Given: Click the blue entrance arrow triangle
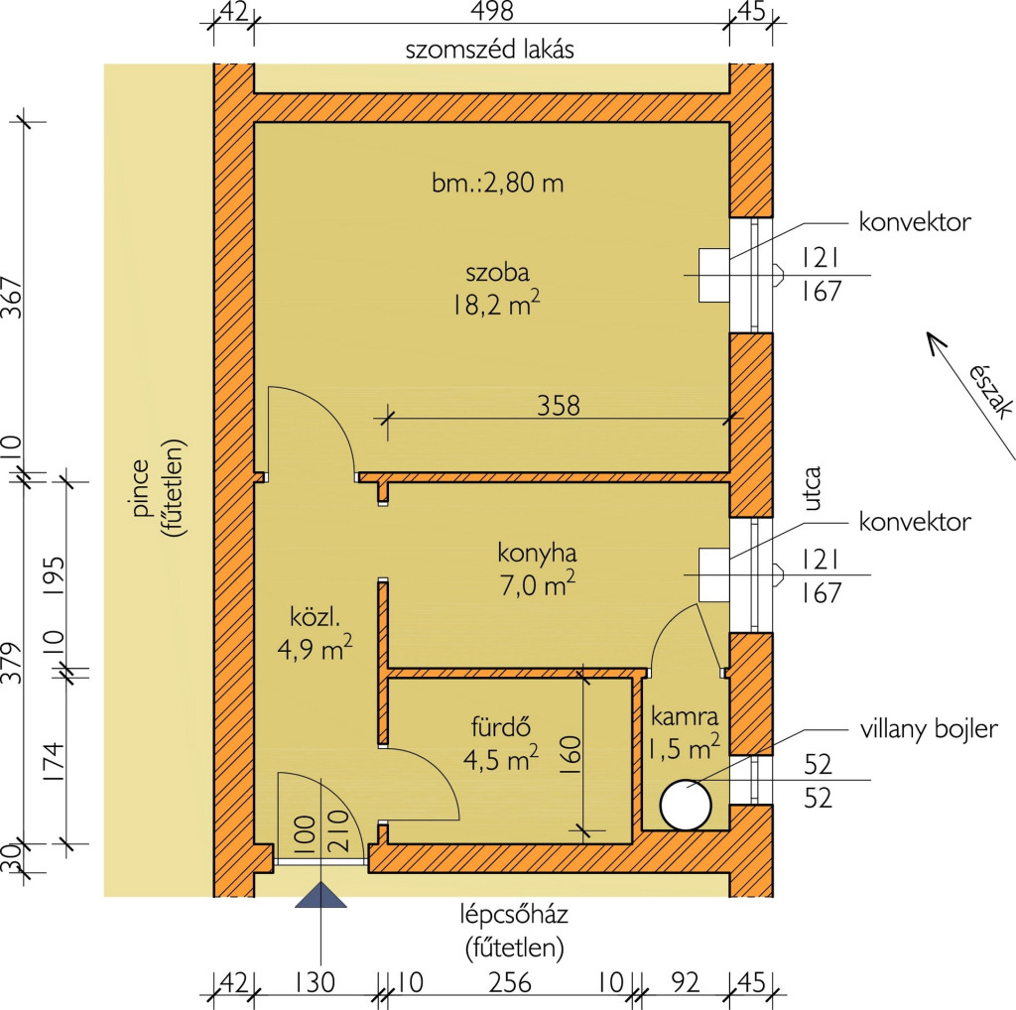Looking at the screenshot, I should point(320,896).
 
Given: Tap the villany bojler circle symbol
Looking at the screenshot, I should point(686,805).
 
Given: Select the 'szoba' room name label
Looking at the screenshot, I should point(497,272).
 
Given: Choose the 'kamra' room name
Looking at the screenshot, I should point(684,715).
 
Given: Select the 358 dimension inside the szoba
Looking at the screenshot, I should point(558,405).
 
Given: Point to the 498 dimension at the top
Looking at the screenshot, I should point(492,13).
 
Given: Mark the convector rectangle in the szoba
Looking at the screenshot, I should point(714,275).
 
